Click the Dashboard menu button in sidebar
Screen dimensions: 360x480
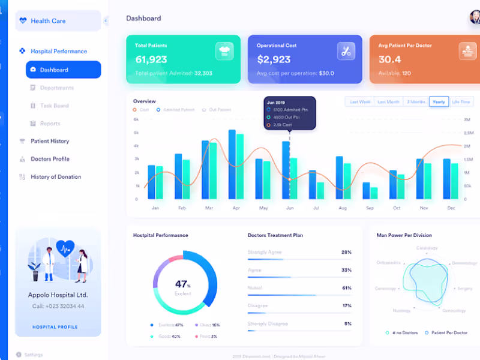63,70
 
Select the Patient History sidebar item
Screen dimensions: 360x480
50,141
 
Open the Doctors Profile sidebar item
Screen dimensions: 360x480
50,159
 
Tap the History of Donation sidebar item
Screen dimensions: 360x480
56,177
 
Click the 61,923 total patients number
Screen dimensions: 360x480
151,59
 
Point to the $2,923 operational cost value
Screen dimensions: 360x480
274,59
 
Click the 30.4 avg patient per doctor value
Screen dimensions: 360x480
390,59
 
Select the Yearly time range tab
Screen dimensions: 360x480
439,102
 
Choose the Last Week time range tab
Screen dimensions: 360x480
360,102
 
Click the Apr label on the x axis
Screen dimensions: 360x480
236,208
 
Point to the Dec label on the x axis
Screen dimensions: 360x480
451,208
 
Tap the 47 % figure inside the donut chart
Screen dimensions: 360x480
183,284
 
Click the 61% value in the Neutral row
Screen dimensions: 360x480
346,288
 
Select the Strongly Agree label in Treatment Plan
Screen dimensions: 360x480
265,253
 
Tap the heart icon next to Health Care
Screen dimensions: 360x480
23,20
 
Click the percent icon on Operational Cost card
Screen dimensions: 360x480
346,51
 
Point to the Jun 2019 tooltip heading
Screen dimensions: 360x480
275,103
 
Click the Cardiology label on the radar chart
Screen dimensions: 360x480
427,248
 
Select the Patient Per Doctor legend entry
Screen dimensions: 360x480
450,332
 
